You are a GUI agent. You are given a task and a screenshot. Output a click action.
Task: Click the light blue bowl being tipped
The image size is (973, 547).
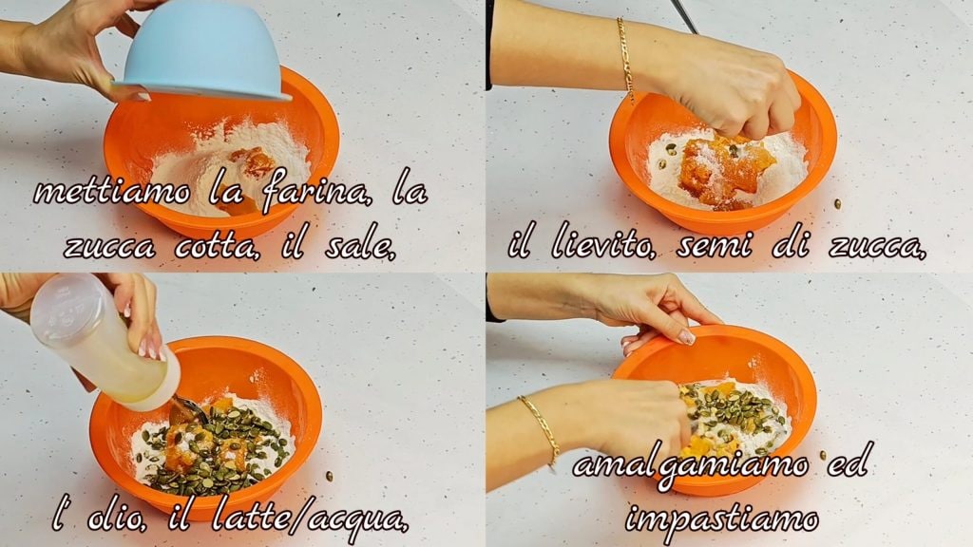point(201,53)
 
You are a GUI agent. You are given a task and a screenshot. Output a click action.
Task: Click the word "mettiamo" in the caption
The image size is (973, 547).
point(112,192)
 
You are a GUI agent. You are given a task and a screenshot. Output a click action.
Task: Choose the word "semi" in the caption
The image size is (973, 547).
point(715,246)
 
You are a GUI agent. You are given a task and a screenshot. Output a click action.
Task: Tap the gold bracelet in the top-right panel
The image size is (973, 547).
point(625,59)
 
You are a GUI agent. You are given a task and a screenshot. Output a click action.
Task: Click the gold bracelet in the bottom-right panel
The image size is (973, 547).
point(540,428)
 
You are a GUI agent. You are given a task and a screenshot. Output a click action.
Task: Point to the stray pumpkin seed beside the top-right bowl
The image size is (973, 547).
point(837,203)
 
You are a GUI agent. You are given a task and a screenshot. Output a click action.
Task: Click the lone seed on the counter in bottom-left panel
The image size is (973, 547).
point(330,477)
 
